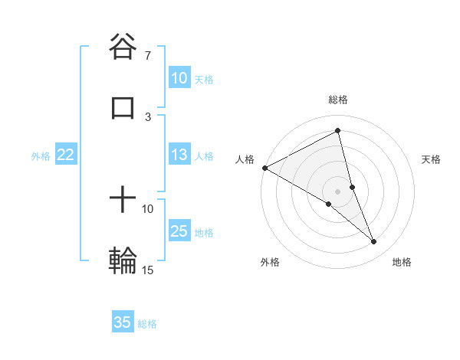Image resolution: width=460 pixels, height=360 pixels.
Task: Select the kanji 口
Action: [x=123, y=106]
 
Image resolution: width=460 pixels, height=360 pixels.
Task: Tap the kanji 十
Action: [x=123, y=201]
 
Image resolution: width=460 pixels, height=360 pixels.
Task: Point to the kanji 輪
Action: [x=123, y=260]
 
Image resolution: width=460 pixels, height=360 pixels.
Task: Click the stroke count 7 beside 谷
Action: [x=147, y=56]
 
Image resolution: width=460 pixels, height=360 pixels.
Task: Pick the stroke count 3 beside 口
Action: [x=148, y=116]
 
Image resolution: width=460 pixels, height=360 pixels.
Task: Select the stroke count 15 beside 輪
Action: [x=147, y=270]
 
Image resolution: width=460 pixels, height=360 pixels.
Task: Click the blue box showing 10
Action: [x=179, y=78]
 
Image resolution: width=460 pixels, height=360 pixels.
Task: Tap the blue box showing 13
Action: [x=179, y=155]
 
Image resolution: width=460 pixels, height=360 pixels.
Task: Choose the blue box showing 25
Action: [x=179, y=231]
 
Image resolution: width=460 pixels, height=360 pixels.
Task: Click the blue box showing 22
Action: [x=65, y=155]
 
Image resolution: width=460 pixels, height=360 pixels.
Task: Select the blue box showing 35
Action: [x=123, y=322]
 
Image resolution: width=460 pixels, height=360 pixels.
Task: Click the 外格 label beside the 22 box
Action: [x=41, y=156]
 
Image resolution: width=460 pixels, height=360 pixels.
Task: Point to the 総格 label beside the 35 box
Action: [x=147, y=324]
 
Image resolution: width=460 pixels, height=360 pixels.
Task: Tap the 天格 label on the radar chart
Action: [x=432, y=159]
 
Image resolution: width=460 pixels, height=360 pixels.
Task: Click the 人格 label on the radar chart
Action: [x=245, y=159]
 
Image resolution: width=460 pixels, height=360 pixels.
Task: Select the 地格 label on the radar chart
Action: [x=402, y=262]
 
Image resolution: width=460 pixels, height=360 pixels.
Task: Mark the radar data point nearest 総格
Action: [x=338, y=131]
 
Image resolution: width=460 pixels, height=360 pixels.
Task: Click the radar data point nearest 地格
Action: [x=374, y=241]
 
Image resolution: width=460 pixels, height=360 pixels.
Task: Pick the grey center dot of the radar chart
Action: [x=338, y=191]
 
